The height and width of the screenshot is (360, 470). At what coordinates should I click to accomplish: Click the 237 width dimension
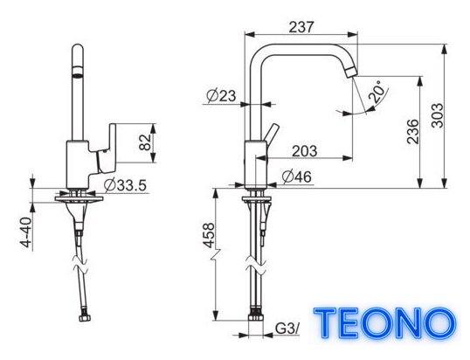301,27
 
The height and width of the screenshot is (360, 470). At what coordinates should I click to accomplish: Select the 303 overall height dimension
438,115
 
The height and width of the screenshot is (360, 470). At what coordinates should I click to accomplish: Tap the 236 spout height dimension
412,131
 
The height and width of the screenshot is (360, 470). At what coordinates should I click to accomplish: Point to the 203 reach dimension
304,151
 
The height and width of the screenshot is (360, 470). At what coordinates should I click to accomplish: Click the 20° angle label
377,91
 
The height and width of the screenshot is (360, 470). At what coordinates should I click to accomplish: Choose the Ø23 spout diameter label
221,96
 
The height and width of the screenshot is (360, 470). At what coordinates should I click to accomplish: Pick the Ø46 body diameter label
296,177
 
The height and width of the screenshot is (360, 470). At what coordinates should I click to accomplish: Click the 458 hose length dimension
209,235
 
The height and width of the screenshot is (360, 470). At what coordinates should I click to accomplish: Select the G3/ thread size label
287,329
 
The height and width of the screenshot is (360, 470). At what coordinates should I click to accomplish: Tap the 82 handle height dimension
145,142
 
